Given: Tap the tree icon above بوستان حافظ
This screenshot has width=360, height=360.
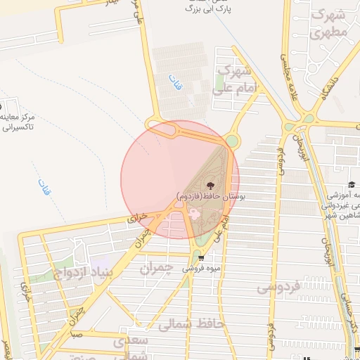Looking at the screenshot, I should point(212,181).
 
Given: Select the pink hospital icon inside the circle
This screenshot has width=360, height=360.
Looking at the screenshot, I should point(194,213).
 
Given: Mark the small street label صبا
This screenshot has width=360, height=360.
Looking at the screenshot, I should point(77,335).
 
